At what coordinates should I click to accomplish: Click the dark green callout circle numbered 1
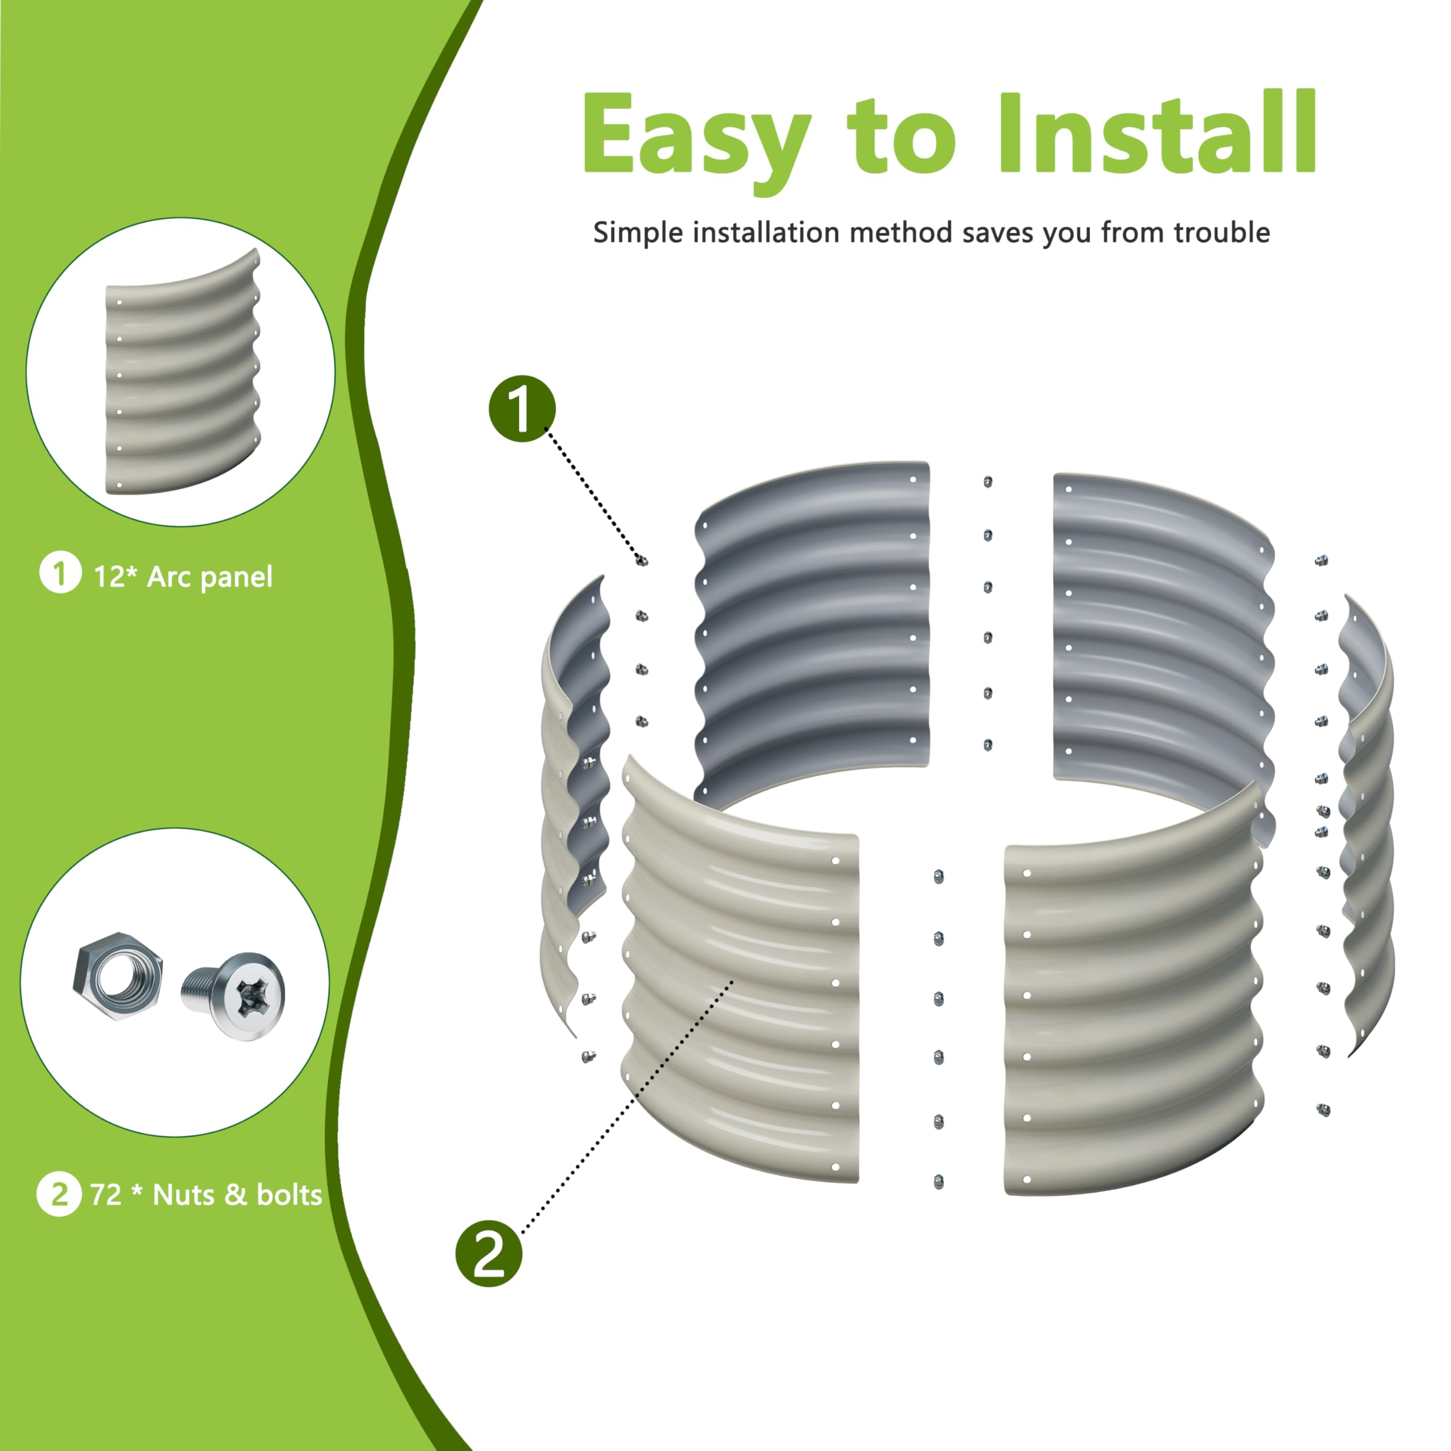(522, 409)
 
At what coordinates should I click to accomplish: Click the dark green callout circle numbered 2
(489, 1254)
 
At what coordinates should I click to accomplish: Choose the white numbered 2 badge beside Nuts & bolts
(58, 1194)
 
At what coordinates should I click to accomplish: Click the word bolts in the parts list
(289, 1195)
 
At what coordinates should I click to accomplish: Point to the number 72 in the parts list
(106, 1195)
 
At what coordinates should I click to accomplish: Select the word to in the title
(902, 135)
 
